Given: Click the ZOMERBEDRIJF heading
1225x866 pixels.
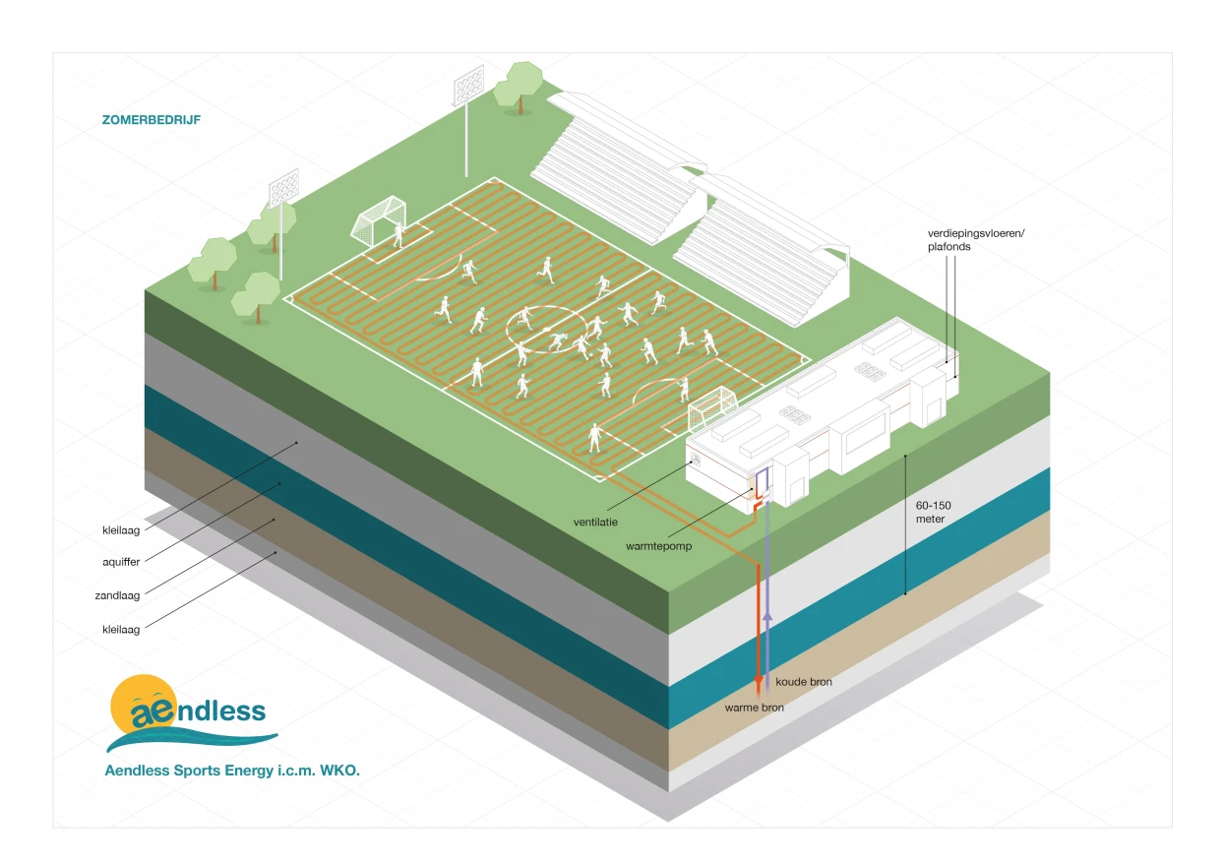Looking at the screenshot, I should click(151, 120).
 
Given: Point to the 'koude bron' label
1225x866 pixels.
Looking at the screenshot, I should click(803, 682).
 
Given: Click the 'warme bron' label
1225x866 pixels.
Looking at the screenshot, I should click(754, 707).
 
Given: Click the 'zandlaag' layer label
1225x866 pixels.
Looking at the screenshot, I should click(119, 596).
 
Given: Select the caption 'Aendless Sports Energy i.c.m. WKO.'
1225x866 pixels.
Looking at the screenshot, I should click(232, 771).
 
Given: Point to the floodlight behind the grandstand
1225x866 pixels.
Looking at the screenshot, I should click(466, 87).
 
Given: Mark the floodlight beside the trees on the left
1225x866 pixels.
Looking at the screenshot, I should click(283, 187).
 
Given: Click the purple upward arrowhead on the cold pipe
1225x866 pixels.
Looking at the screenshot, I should click(767, 616).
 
